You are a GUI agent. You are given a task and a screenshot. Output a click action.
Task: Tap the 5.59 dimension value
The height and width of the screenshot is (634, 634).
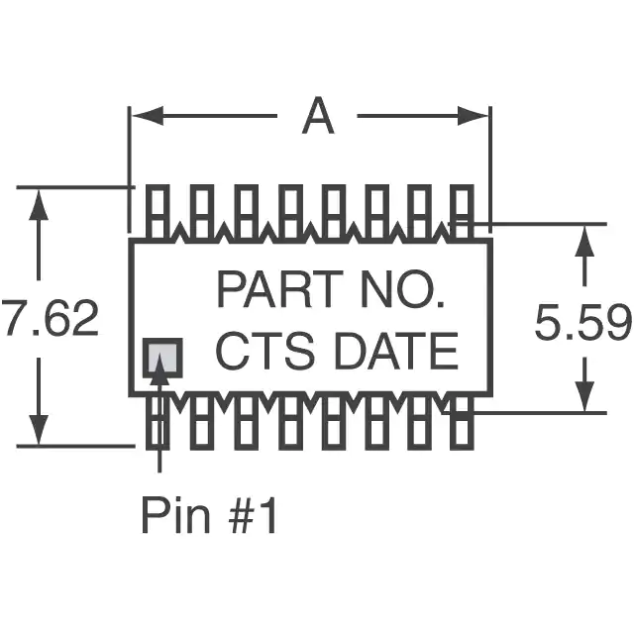pos(582,324)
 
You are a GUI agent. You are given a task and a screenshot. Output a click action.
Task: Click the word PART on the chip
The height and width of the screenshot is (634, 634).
pos(267,291)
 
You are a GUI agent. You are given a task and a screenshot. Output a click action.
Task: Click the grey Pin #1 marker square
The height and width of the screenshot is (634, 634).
pos(163,358)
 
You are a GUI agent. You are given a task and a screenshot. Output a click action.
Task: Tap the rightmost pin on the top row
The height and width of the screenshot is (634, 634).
pos(462,211)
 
